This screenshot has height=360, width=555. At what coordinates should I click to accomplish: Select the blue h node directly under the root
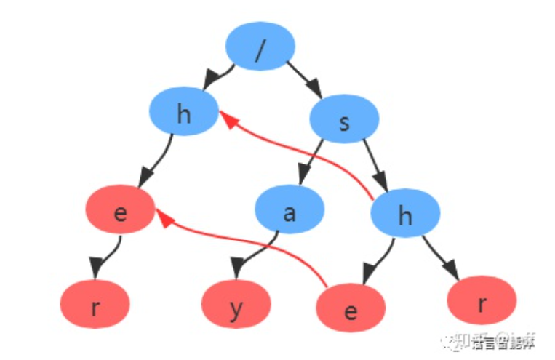click(183, 114)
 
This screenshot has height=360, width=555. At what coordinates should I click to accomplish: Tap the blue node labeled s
click(345, 121)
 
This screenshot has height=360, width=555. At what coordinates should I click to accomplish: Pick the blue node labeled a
click(290, 212)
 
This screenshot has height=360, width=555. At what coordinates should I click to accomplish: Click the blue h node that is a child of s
click(405, 215)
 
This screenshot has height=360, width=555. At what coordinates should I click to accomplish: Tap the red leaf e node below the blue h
click(351, 310)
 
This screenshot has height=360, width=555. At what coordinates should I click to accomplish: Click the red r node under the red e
click(95, 306)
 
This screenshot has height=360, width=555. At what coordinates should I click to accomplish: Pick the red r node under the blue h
click(482, 301)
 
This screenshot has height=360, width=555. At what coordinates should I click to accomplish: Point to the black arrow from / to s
click(304, 79)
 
